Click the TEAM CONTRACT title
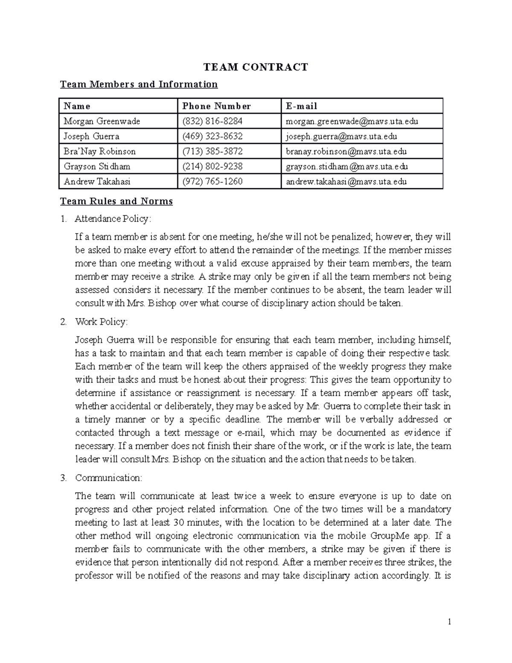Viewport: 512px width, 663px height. [256, 67]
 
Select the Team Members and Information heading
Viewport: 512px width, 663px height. [139, 84]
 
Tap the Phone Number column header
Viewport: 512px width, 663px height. [216, 106]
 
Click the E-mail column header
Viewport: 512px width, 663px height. [301, 106]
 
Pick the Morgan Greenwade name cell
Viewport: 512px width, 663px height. [102, 121]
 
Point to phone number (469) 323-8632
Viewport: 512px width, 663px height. [212, 137]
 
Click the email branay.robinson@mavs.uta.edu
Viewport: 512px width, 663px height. [346, 152]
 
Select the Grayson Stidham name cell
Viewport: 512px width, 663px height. [97, 166]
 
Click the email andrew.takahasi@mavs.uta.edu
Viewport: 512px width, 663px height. [346, 182]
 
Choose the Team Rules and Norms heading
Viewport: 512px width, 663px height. [116, 202]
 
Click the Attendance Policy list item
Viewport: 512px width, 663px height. [113, 219]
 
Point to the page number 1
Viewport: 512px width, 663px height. [449, 622]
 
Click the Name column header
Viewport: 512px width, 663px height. [77, 106]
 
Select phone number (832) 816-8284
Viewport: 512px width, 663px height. [212, 121]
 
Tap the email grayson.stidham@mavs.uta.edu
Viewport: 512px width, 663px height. [347, 166]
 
